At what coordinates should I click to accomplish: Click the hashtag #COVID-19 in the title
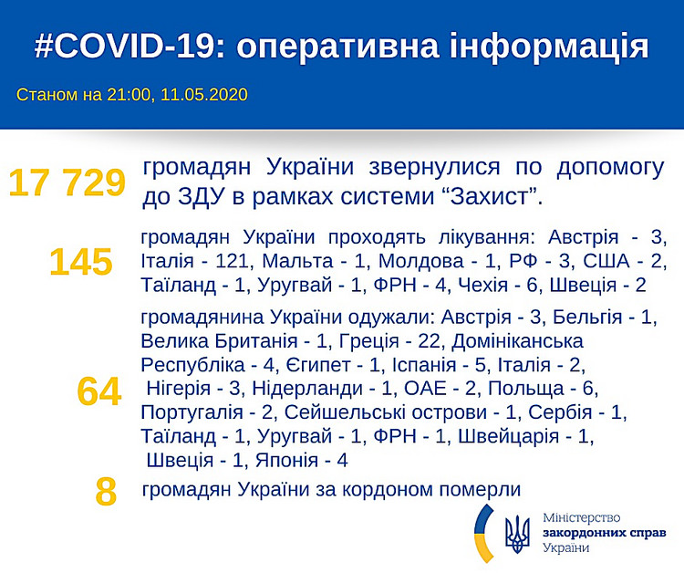(125, 46)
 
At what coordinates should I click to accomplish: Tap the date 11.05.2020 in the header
(203, 95)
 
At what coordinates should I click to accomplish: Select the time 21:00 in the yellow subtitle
(129, 95)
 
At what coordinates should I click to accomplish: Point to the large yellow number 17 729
(67, 182)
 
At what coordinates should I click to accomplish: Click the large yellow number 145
(81, 262)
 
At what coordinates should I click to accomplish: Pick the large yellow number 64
(99, 391)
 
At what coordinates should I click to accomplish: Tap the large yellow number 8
(106, 492)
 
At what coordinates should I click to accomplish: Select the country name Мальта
(298, 261)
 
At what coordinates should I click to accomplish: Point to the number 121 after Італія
(232, 261)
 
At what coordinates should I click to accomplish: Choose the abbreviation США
(606, 261)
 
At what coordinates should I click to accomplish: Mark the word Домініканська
(517, 341)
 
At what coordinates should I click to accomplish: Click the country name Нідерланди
(307, 388)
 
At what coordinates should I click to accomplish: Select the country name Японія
(287, 460)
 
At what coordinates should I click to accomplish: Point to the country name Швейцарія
(509, 436)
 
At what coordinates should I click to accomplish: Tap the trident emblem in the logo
(517, 534)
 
